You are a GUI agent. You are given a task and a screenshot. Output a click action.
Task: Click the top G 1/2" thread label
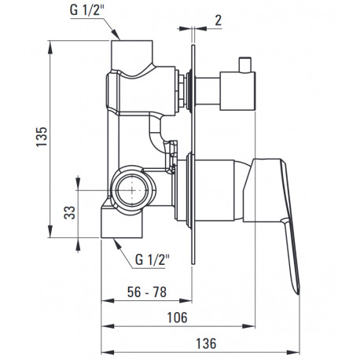[87, 10]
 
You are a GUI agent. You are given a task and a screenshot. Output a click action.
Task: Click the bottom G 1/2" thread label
[152, 259]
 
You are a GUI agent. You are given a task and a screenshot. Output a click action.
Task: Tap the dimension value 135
[42, 137]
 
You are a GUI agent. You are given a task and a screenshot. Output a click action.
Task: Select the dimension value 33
[70, 212]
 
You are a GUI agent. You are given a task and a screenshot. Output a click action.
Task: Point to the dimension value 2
[219, 20]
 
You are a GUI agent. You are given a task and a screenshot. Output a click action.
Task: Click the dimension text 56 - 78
[147, 292]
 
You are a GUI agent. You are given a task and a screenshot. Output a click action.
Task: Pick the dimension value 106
[178, 318]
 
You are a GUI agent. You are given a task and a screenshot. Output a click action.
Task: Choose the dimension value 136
[207, 343]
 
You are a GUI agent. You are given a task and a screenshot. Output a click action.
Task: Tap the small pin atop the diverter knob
[245, 64]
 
